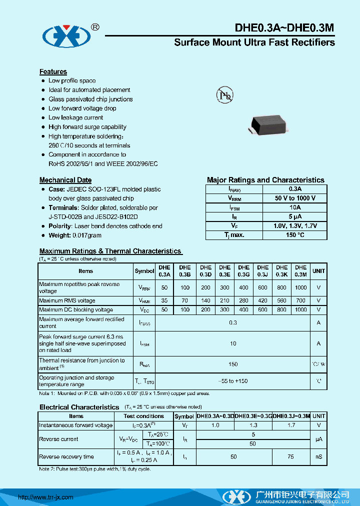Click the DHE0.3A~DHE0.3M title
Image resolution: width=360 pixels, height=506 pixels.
click(284, 29)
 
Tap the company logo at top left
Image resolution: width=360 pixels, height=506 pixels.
click(66, 35)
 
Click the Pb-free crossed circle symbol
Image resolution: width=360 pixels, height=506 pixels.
click(224, 95)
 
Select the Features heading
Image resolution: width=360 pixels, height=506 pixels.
click(53, 71)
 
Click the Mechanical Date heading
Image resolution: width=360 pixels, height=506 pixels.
click(65, 180)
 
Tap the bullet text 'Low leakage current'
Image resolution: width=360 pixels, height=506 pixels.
click(75, 117)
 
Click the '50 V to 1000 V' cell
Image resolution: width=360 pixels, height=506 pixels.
click(294, 198)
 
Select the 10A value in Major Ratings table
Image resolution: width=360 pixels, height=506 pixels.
click(294, 207)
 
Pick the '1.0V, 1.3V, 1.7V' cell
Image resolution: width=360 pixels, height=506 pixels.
click(294, 226)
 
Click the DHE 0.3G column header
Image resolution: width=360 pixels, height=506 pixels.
click(243, 271)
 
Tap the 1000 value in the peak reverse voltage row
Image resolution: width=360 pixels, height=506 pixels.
click(300, 287)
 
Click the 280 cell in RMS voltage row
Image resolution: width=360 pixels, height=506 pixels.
click(243, 300)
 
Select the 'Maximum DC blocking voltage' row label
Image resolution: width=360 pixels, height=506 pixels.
click(76, 310)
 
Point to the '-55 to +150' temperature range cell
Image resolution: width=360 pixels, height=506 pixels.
click(233, 381)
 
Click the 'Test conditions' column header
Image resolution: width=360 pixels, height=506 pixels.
click(143, 416)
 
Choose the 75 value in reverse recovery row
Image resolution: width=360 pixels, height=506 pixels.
click(291, 457)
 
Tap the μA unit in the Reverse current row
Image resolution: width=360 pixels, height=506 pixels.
click(318, 439)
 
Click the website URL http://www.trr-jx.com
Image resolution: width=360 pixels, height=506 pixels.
click(45, 497)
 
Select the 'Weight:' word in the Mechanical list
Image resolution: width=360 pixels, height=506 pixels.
click(59, 235)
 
